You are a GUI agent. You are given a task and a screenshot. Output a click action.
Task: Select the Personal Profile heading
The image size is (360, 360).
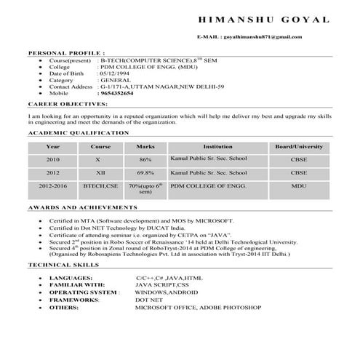tap(66, 54)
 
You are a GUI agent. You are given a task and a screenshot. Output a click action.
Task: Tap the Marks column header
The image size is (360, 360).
tap(145, 146)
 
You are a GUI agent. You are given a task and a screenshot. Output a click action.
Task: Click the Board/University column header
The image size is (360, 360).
tap(298, 146)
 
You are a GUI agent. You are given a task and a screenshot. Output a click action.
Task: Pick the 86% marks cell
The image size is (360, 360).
tap(145, 159)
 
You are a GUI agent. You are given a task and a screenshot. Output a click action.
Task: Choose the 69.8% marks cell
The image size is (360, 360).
tap(145, 174)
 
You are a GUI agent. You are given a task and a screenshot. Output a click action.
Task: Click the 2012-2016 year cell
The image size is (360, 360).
tap(53, 187)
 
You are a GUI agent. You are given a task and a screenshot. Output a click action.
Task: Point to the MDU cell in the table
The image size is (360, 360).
tap(298, 187)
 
